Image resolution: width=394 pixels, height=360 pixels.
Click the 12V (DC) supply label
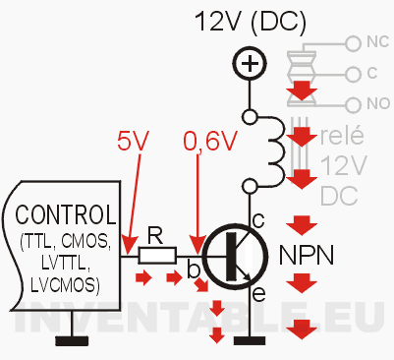pos(252,22)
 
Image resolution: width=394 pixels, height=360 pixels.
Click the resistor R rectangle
pos(156,256)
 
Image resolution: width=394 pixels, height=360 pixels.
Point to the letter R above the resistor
pos(155,235)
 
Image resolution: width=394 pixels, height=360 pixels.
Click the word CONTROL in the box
pos(63,215)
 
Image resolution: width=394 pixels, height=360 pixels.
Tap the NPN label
pos(307,255)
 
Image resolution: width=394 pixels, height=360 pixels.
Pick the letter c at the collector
pos(258,218)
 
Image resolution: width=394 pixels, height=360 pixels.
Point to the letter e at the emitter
pos(258,294)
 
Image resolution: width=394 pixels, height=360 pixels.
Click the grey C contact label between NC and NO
pos(372,73)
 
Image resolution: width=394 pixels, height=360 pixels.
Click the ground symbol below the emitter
pos(251,341)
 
